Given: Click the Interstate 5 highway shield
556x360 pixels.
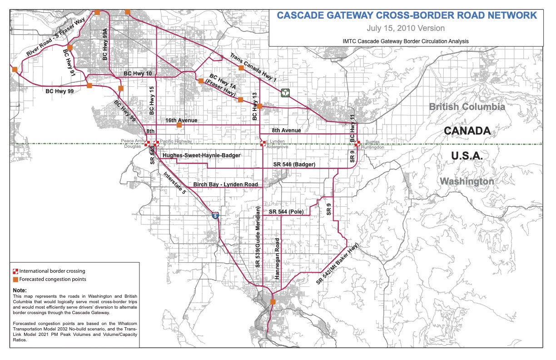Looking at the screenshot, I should pyautogui.click(x=216, y=215).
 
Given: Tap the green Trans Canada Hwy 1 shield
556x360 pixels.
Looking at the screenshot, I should pyautogui.click(x=285, y=92).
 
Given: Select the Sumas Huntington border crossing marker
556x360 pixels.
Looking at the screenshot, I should pyautogui.click(x=357, y=144).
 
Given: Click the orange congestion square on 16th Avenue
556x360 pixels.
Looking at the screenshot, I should pyautogui.click(x=179, y=125).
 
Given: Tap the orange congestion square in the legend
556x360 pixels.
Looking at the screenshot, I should pyautogui.click(x=15, y=279).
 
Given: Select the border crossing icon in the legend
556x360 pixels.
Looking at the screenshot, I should pyautogui.click(x=15, y=271).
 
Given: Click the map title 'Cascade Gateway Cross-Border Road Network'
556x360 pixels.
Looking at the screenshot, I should pyautogui.click(x=407, y=15).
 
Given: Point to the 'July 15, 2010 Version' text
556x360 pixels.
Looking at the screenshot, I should pyautogui.click(x=407, y=28).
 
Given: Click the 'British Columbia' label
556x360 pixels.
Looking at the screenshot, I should pyautogui.click(x=467, y=107).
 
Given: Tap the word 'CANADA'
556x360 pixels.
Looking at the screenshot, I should pyautogui.click(x=467, y=131).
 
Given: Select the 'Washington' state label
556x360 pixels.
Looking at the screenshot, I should pyautogui.click(x=467, y=181).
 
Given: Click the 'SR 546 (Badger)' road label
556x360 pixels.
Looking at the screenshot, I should pyautogui.click(x=294, y=164).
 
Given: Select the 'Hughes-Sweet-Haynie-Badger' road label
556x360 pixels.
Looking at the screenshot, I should pyautogui.click(x=201, y=155).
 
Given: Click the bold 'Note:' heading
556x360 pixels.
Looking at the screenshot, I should pyautogui.click(x=20, y=290).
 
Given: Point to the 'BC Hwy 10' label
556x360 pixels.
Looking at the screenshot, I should pyautogui.click(x=138, y=73).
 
